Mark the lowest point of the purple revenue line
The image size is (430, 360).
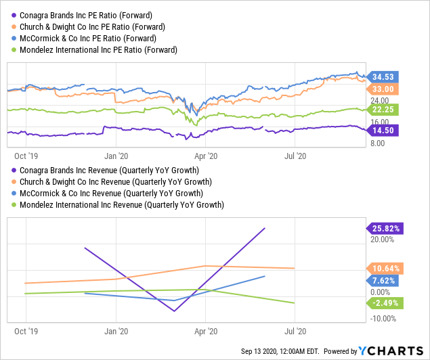tap(175, 311)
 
